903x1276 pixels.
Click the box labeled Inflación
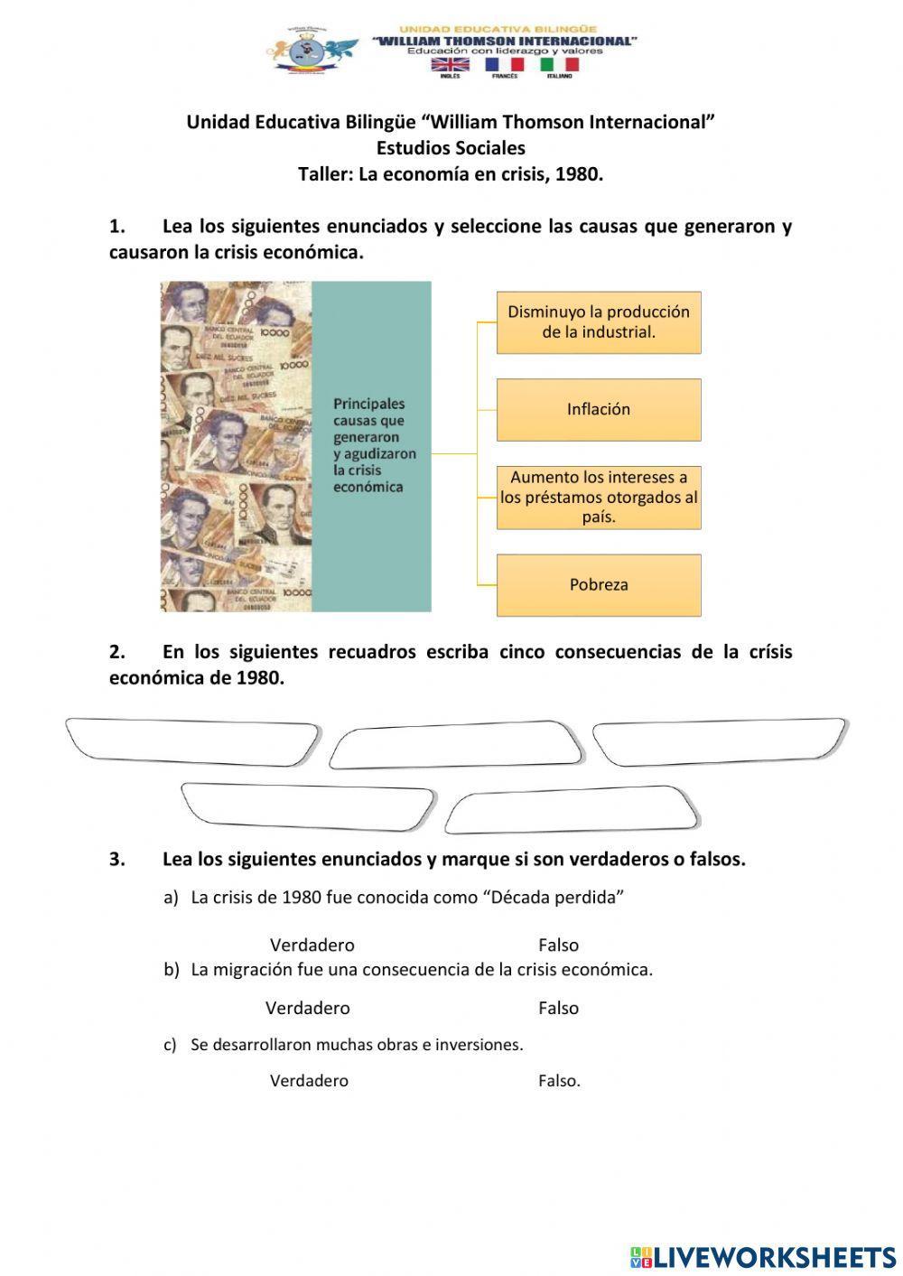599,409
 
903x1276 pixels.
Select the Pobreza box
599,584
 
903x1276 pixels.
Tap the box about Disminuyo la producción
599,321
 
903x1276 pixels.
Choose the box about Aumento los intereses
599,497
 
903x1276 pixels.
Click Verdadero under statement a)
312,945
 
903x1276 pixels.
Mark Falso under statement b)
558,1008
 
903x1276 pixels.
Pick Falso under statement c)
559,1080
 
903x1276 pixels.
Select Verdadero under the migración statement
307,1008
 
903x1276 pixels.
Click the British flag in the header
450,65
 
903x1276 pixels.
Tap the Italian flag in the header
559,65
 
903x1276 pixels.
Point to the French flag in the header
504,65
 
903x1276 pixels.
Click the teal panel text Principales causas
374,445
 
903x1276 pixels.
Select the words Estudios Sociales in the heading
451,148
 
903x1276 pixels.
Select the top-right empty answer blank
719,741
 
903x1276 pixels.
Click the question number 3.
117,860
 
